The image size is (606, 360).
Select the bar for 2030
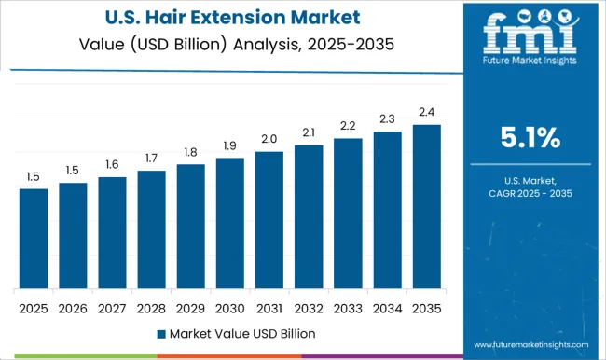click(x=229, y=223)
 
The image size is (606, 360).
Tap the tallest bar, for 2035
click(x=426, y=206)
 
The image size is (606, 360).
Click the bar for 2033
click(x=348, y=213)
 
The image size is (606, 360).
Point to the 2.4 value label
click(x=426, y=111)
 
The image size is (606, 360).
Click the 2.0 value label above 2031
click(x=269, y=138)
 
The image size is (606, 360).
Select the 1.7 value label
click(x=151, y=158)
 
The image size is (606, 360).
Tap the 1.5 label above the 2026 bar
click(x=73, y=170)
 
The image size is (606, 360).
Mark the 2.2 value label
click(x=348, y=125)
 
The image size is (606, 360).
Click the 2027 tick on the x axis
click(x=112, y=307)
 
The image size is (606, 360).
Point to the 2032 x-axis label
click(x=309, y=307)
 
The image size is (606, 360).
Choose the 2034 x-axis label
click(x=387, y=307)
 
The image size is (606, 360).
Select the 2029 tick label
click(x=190, y=307)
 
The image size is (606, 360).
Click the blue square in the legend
click(x=161, y=333)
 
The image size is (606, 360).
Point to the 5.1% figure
click(x=529, y=138)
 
